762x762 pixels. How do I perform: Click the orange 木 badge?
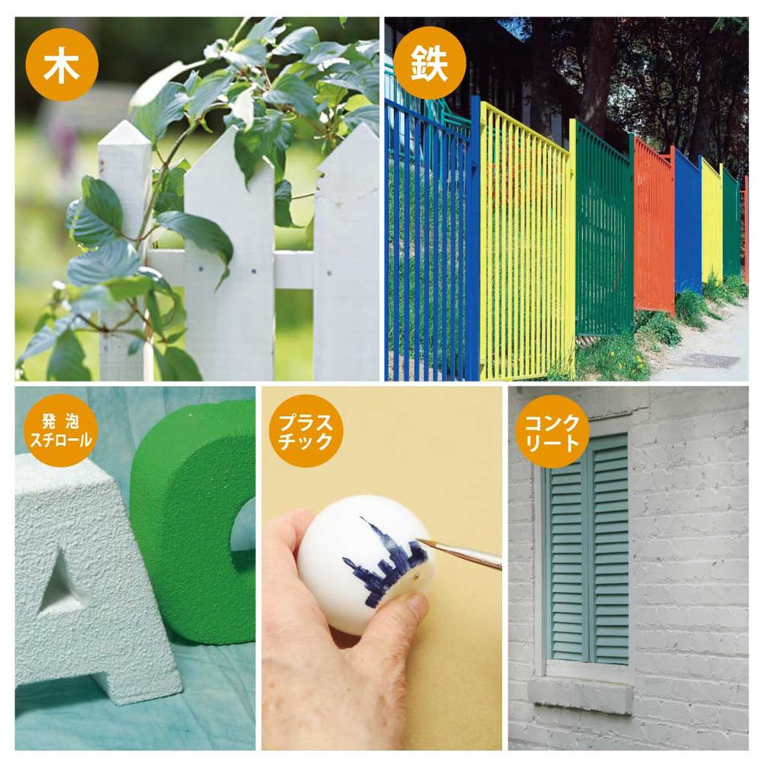coord(62,65)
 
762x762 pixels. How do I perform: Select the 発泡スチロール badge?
coord(61,431)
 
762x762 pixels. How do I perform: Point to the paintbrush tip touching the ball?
coord(419,540)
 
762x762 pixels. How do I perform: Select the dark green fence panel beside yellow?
coord(604,229)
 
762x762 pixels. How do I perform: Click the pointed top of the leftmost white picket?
coord(126,125)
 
